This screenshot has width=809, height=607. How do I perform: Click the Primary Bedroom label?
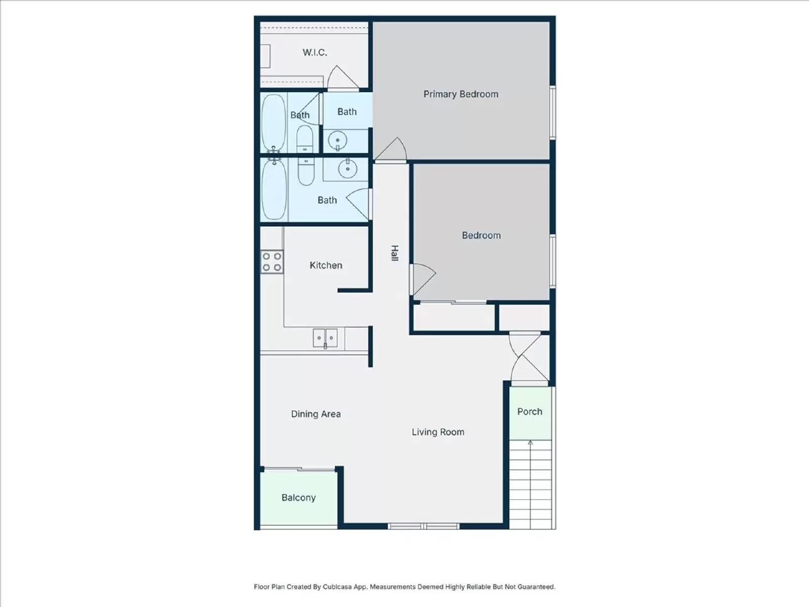pos(461,95)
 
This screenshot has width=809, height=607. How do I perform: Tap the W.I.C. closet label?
pos(315,52)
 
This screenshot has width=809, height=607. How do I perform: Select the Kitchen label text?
pos(326,266)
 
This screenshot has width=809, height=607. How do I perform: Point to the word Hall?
pos(394,253)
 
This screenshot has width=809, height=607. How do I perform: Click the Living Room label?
pos(438,432)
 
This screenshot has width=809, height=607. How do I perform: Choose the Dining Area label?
pos(316,414)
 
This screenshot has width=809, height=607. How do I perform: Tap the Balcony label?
pos(298,498)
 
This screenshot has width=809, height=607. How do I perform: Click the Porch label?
pos(529,412)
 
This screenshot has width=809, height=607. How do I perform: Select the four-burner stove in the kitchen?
pos(272,262)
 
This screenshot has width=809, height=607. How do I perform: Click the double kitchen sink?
pos(325,338)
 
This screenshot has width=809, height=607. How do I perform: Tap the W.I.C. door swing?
pos(343,77)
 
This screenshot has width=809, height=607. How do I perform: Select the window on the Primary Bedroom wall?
pos(553,113)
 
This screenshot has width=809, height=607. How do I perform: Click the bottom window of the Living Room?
pos(424,526)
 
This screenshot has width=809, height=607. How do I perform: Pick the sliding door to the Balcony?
pos(299,469)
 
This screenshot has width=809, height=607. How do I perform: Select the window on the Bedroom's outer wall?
pos(553,261)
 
